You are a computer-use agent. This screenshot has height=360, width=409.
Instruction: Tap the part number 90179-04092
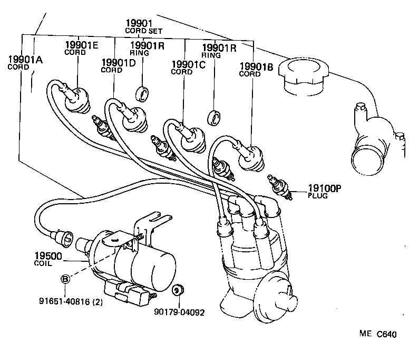(x=179, y=311)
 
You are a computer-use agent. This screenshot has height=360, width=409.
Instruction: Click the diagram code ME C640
(x=377, y=334)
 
